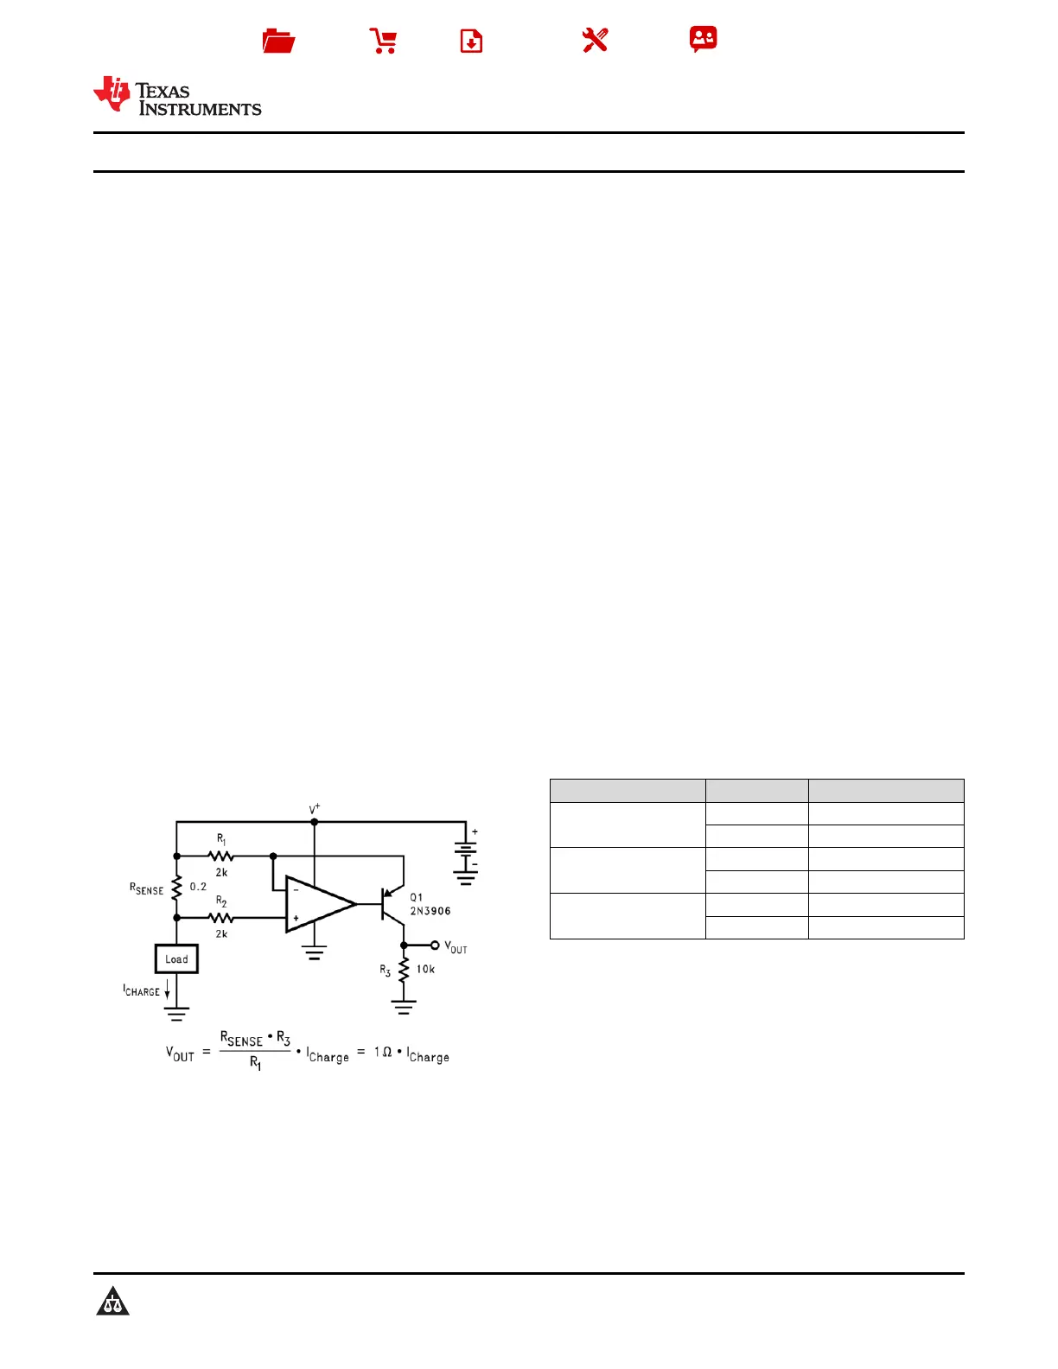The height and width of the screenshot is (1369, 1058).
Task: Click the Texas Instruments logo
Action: click(177, 96)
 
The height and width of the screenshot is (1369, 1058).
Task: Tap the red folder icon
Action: click(278, 41)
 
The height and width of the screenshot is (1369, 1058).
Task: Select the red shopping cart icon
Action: click(383, 41)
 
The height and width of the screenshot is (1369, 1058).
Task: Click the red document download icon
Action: click(471, 41)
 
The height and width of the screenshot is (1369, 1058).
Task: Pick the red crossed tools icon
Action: click(595, 40)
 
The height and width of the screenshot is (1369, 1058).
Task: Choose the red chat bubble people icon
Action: click(703, 39)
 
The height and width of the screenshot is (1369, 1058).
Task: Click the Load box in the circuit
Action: click(176, 959)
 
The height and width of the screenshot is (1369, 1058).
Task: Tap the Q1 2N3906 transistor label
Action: click(430, 904)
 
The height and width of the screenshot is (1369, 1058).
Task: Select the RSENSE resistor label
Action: click(146, 888)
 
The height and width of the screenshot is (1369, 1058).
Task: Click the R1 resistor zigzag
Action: click(221, 856)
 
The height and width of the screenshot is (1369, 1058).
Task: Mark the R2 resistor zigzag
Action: click(221, 917)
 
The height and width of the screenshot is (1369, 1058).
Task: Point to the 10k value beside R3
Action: click(425, 969)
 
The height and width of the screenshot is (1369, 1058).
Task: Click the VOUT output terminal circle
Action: click(435, 945)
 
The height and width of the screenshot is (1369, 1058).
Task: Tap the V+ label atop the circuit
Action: click(315, 809)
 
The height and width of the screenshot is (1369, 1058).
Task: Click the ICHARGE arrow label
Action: click(142, 990)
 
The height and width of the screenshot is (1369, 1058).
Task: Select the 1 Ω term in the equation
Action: click(383, 1052)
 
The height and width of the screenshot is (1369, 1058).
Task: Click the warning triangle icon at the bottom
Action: click(112, 1302)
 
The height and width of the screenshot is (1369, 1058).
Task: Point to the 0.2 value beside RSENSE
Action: click(198, 887)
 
